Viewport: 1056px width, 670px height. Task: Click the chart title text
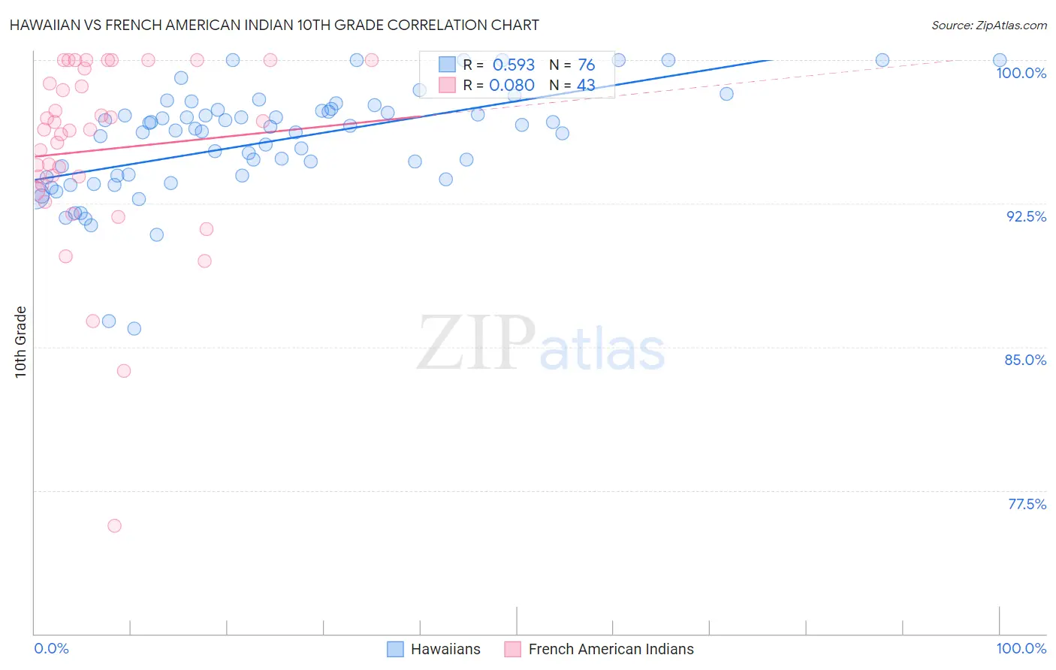[x=274, y=25]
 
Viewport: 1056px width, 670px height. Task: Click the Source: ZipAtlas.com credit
[x=988, y=26]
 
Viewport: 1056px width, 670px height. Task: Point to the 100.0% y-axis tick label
[x=1021, y=73]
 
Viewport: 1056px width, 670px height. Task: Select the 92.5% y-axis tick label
[x=1026, y=216]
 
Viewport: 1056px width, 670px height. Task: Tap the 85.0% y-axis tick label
[x=1025, y=360]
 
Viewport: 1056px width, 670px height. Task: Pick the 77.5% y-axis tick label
[x=1027, y=504]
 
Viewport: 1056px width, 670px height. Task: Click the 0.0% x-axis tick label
[x=51, y=648]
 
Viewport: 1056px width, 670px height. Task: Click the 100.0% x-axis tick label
[x=1021, y=648]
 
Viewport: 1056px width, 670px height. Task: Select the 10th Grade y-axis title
[x=21, y=342]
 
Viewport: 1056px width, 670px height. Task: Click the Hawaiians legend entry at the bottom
[x=445, y=649]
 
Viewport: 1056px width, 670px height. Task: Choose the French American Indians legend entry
[x=611, y=649]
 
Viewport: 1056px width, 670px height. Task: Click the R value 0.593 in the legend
[x=514, y=65]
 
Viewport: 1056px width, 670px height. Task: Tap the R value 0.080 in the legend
[x=511, y=86]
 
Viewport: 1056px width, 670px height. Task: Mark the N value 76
[x=586, y=65]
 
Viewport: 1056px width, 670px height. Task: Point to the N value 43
[x=586, y=86]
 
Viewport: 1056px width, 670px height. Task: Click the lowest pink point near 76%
[x=114, y=526]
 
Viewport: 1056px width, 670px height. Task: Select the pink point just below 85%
[x=124, y=371]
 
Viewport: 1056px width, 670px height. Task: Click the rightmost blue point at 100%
[x=1000, y=60]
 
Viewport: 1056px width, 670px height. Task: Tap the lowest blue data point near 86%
[x=134, y=328]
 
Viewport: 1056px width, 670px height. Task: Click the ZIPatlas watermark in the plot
[x=541, y=343]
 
